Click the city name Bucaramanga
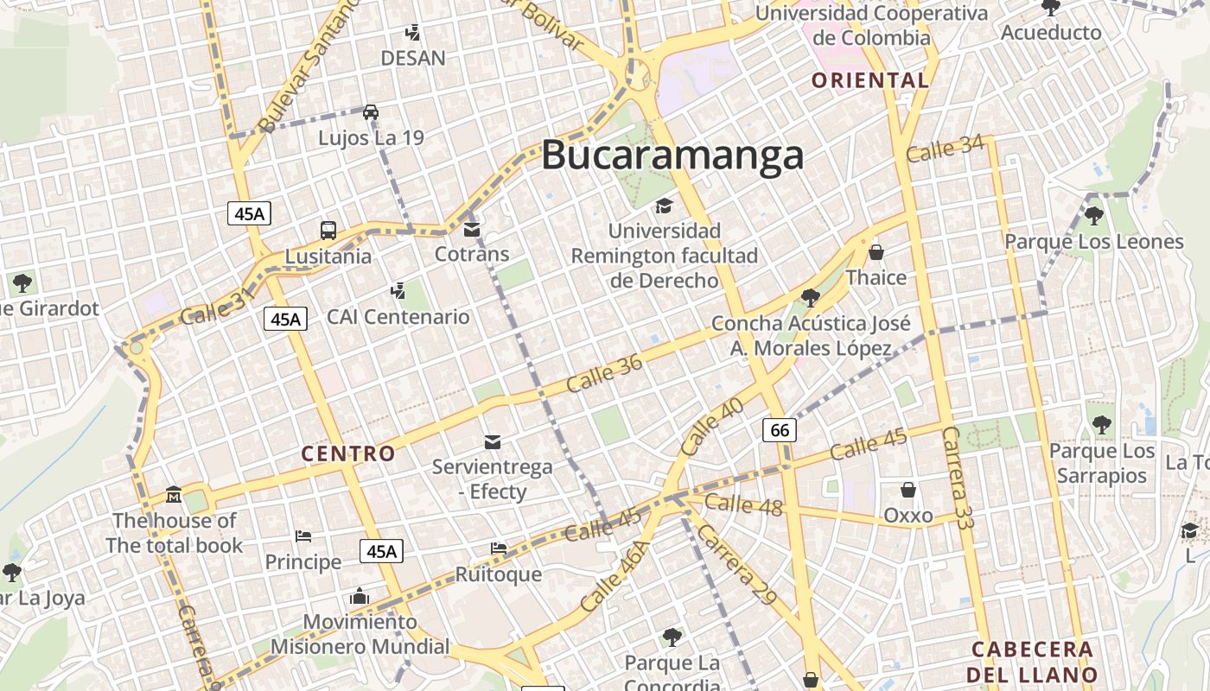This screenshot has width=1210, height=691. click(x=672, y=155)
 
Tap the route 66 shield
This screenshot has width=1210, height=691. click(x=780, y=429)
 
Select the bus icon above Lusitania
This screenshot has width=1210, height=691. click(x=328, y=231)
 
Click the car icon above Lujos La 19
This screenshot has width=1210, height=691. click(x=370, y=112)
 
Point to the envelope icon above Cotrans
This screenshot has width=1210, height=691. click(x=472, y=230)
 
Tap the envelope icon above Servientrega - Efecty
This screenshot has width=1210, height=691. click(x=493, y=442)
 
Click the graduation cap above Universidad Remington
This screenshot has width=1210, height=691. click(x=664, y=206)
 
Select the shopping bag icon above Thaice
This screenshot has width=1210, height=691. click(x=876, y=252)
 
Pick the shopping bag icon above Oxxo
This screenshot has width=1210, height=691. click(x=908, y=490)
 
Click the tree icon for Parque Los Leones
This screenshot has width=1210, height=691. click(x=1094, y=216)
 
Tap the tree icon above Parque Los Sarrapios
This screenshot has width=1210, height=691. click(x=1101, y=425)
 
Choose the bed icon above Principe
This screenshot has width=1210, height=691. click(x=302, y=536)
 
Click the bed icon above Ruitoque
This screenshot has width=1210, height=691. click(x=499, y=548)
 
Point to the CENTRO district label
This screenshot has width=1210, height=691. click(x=348, y=453)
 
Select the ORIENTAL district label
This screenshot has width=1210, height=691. click(x=870, y=80)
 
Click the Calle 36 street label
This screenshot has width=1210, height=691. click(x=605, y=373)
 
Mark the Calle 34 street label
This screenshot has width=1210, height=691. click(x=945, y=149)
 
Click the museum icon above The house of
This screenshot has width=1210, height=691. click(x=174, y=495)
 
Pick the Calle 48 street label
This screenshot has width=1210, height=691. click(x=743, y=504)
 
